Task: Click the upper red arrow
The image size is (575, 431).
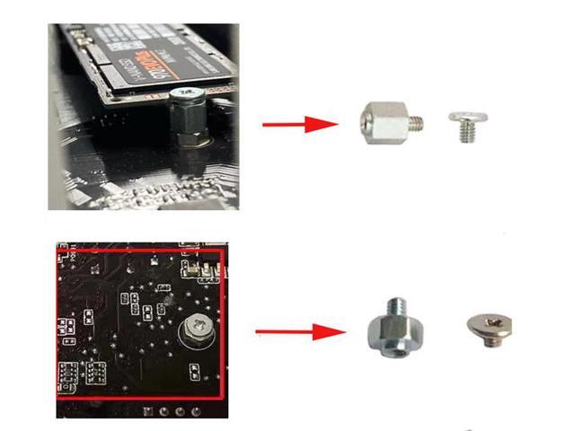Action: point(296,124)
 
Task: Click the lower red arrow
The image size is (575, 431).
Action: point(292,333)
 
